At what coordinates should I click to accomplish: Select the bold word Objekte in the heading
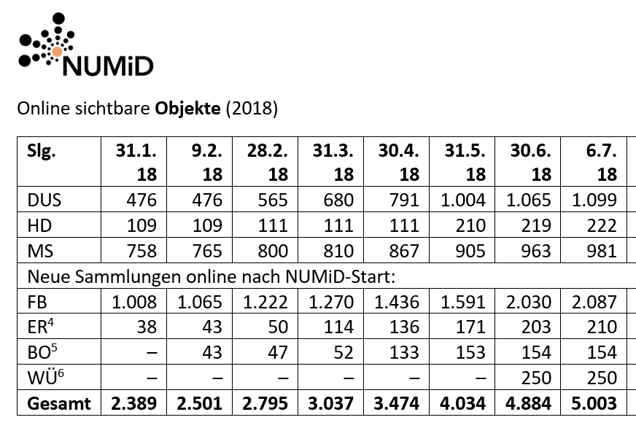(187, 109)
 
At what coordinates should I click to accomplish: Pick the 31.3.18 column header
(334, 163)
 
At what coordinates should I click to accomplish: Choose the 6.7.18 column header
(598, 163)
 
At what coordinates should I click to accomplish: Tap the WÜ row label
(44, 377)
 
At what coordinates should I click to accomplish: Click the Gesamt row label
(58, 403)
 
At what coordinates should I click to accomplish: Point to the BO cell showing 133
(404, 352)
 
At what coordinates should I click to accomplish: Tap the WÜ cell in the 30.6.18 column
(535, 378)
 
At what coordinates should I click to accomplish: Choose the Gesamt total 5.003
(592, 403)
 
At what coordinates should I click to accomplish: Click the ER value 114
(338, 327)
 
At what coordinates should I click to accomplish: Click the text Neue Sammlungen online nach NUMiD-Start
(211, 276)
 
